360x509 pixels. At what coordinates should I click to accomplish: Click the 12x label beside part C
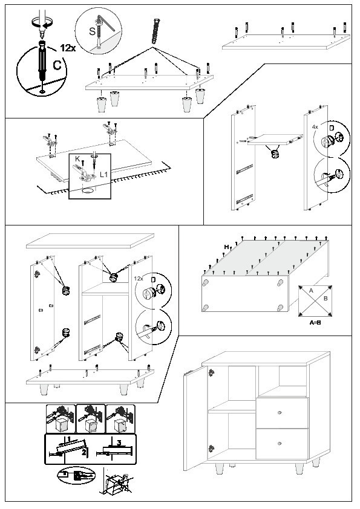coord(68,48)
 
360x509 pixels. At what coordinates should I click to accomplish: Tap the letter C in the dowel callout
coord(57,65)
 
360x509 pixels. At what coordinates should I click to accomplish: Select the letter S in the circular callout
coord(93,31)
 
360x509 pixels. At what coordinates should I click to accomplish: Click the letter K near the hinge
coord(77,159)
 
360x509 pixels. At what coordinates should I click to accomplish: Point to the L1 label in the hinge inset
coord(103,175)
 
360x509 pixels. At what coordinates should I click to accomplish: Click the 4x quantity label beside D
coord(315,127)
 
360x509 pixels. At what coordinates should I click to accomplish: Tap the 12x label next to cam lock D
coord(139,279)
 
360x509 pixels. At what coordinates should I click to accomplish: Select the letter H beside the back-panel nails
coord(226,247)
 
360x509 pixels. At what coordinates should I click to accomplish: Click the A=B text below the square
coord(315,323)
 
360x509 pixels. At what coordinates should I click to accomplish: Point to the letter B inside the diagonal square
coord(326,298)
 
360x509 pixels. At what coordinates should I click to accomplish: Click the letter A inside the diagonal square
coord(311,291)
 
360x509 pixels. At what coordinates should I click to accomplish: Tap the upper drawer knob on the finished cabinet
coord(279,413)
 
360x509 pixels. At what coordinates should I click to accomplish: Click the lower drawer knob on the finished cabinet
coord(279,444)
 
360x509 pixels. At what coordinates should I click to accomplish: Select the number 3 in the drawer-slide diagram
coord(119,443)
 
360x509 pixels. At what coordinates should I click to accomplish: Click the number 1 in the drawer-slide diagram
coord(69,439)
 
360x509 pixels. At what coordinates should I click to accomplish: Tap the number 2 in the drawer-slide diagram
coord(84,452)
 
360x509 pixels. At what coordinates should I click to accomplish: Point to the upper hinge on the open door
coord(211,372)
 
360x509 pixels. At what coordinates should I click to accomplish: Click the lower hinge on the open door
coord(211,449)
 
